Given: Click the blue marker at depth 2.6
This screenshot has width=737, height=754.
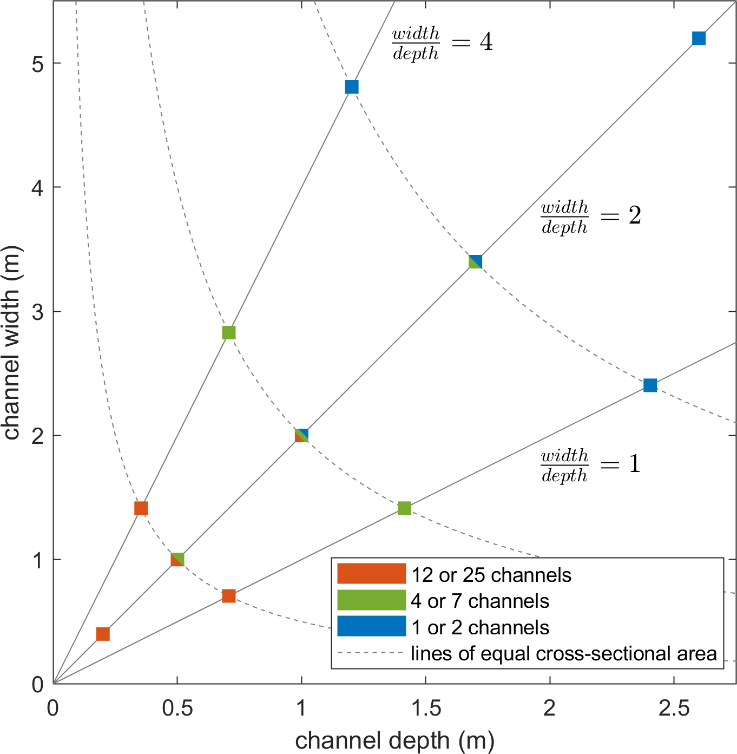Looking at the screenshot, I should [x=699, y=38].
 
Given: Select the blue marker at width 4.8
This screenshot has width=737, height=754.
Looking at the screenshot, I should [x=352, y=87].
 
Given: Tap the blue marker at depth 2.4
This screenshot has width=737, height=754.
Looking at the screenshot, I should [x=650, y=385].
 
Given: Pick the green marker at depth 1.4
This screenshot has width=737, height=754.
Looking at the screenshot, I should [x=404, y=508].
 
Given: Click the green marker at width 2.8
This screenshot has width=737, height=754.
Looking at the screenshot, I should [x=229, y=332].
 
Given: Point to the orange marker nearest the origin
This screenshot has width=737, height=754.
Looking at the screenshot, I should [x=103, y=634].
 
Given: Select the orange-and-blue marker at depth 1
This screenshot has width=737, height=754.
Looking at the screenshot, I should [x=301, y=435].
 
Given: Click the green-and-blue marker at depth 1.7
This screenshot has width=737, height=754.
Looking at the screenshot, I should [x=475, y=262].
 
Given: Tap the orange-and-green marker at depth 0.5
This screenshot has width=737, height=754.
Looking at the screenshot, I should [x=177, y=559].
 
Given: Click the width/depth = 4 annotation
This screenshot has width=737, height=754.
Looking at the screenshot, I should [x=442, y=43].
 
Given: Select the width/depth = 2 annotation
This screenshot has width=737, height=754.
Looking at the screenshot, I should [x=591, y=217].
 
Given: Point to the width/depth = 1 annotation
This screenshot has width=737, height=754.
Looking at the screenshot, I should [x=591, y=465].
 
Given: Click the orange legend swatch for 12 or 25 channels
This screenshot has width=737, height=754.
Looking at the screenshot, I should [x=371, y=574].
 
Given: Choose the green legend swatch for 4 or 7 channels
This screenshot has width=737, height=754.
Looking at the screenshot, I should [x=371, y=600].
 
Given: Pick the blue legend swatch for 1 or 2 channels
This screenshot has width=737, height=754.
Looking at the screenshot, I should [x=371, y=626].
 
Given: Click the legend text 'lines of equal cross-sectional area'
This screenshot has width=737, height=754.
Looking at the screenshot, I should [x=563, y=654].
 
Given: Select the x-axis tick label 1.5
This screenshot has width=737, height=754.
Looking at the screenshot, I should [x=425, y=707].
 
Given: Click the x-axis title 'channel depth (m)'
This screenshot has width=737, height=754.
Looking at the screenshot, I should [x=394, y=740].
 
